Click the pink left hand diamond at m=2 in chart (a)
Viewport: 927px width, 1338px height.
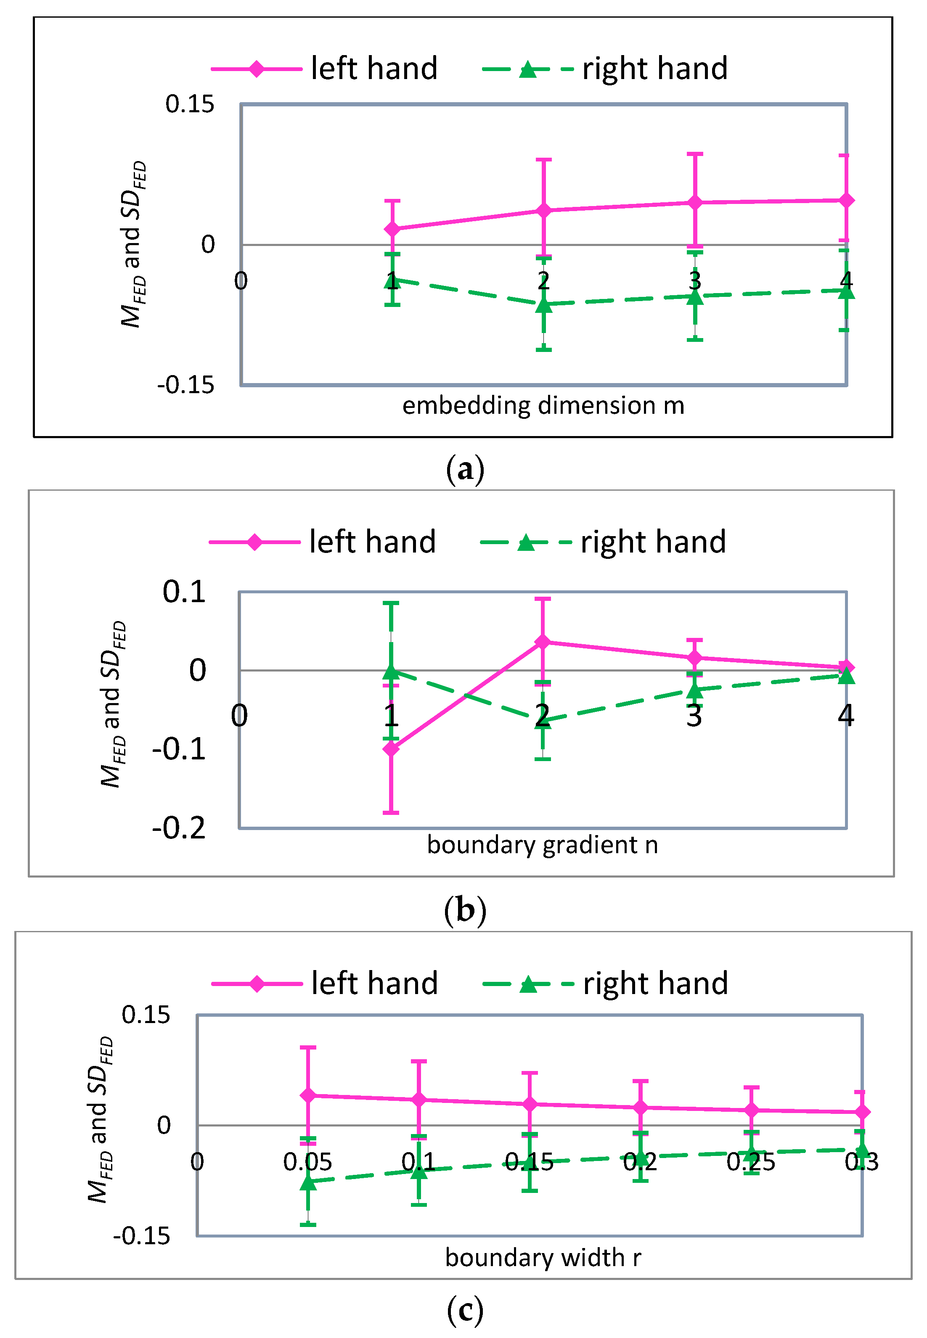click(543, 210)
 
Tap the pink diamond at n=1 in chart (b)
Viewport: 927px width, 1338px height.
click(391, 748)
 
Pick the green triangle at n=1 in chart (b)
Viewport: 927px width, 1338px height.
click(391, 672)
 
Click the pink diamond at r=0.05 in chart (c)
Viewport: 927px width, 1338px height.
click(308, 1095)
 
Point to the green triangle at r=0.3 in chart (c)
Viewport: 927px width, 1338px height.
click(862, 1149)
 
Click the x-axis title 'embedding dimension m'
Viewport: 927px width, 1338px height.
click(543, 405)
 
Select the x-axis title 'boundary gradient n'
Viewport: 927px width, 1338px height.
click(543, 845)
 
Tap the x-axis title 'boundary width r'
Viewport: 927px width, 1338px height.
click(543, 1257)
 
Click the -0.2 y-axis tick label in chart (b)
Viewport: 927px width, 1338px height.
click(179, 828)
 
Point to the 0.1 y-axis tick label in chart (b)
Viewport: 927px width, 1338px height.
click(184, 591)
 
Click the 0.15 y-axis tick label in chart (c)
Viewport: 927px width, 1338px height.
click(146, 1015)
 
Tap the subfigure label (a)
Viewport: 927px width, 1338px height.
click(465, 469)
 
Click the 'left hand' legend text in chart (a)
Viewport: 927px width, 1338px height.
click(374, 69)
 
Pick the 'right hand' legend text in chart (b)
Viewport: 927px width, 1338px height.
click(654, 542)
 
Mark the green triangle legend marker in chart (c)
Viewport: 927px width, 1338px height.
click(528, 984)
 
